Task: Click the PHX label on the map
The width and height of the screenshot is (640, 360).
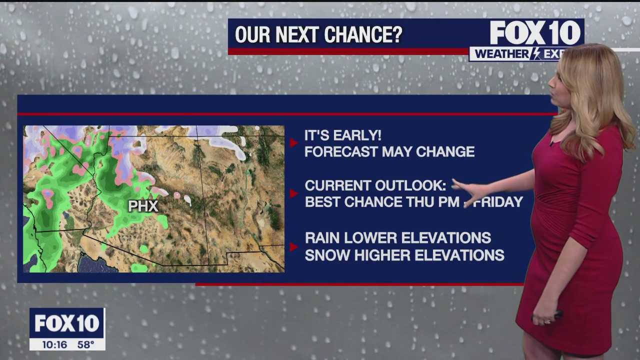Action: pyautogui.click(x=143, y=206)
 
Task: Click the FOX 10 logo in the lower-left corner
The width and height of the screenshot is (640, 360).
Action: pyautogui.click(x=66, y=323)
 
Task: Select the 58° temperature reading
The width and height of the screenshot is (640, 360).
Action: pyautogui.click(x=85, y=344)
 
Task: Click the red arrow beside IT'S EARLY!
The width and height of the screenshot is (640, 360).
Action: pyautogui.click(x=293, y=143)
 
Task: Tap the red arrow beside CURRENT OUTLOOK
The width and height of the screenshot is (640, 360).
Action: pyautogui.click(x=293, y=193)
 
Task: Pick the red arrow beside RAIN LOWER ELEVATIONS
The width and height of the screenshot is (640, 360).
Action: pyautogui.click(x=294, y=246)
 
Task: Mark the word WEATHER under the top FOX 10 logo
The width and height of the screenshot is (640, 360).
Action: pyautogui.click(x=500, y=54)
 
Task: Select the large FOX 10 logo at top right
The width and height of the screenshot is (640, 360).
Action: pyautogui.click(x=535, y=33)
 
